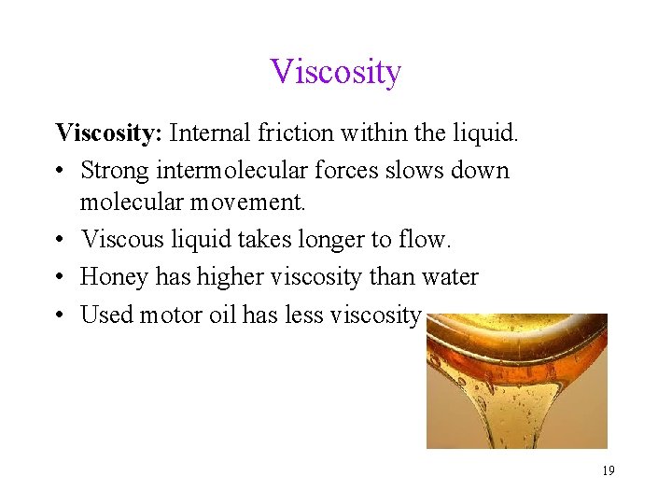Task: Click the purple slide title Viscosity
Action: (x=336, y=72)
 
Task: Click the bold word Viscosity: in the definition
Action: (x=109, y=133)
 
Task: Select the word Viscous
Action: (x=122, y=240)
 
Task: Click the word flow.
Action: (x=427, y=240)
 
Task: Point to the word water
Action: (x=449, y=277)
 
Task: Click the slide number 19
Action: (x=608, y=471)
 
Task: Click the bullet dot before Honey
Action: (x=60, y=278)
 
